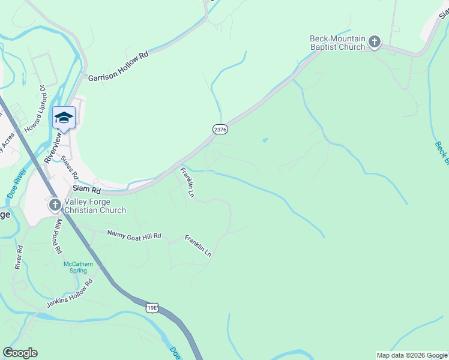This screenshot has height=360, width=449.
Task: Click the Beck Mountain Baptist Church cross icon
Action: pyautogui.click(x=375, y=42)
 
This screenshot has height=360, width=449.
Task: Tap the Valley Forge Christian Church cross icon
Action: pyautogui.click(x=55, y=206)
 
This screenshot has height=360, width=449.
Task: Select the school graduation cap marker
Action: pyautogui.click(x=64, y=118)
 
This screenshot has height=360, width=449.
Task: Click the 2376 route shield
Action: pyautogui.click(x=220, y=129)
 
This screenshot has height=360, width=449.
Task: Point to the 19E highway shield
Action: pyautogui.click(x=152, y=308)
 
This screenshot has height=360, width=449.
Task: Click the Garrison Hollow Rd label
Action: pyautogui.click(x=118, y=66)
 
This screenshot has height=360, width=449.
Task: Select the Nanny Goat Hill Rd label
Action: pyautogui.click(x=134, y=235)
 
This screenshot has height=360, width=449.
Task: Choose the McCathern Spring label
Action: pyautogui.click(x=78, y=267)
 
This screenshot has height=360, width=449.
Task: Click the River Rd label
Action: pyautogui.click(x=19, y=257)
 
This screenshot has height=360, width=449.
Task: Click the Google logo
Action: pyautogui.click(x=20, y=353)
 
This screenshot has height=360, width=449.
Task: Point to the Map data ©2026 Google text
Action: pyautogui.click(x=411, y=355)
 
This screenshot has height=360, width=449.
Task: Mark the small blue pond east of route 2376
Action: pyautogui.click(x=265, y=140)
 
